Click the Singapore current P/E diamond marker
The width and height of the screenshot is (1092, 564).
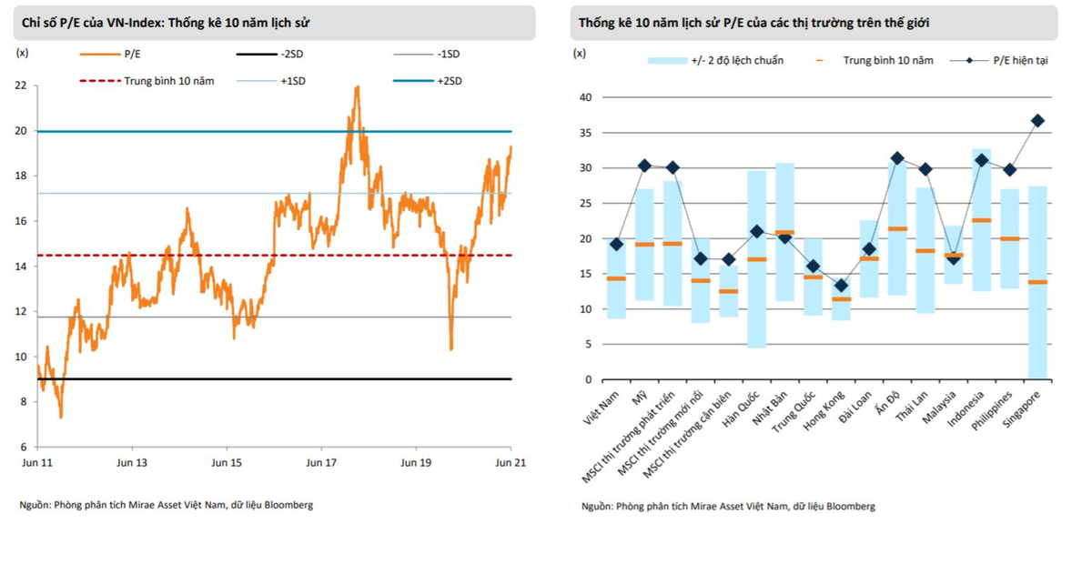1037,120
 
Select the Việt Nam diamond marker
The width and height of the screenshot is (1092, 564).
616,244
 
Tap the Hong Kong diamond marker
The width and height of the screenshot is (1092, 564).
841,286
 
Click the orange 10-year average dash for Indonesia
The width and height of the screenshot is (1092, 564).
981,220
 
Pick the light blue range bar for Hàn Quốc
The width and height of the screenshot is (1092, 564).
756,259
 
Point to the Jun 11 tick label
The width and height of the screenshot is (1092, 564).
36,462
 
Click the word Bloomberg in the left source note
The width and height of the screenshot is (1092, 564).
288,505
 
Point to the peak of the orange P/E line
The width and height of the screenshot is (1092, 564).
357,86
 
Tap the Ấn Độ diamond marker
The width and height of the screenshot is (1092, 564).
897,158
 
